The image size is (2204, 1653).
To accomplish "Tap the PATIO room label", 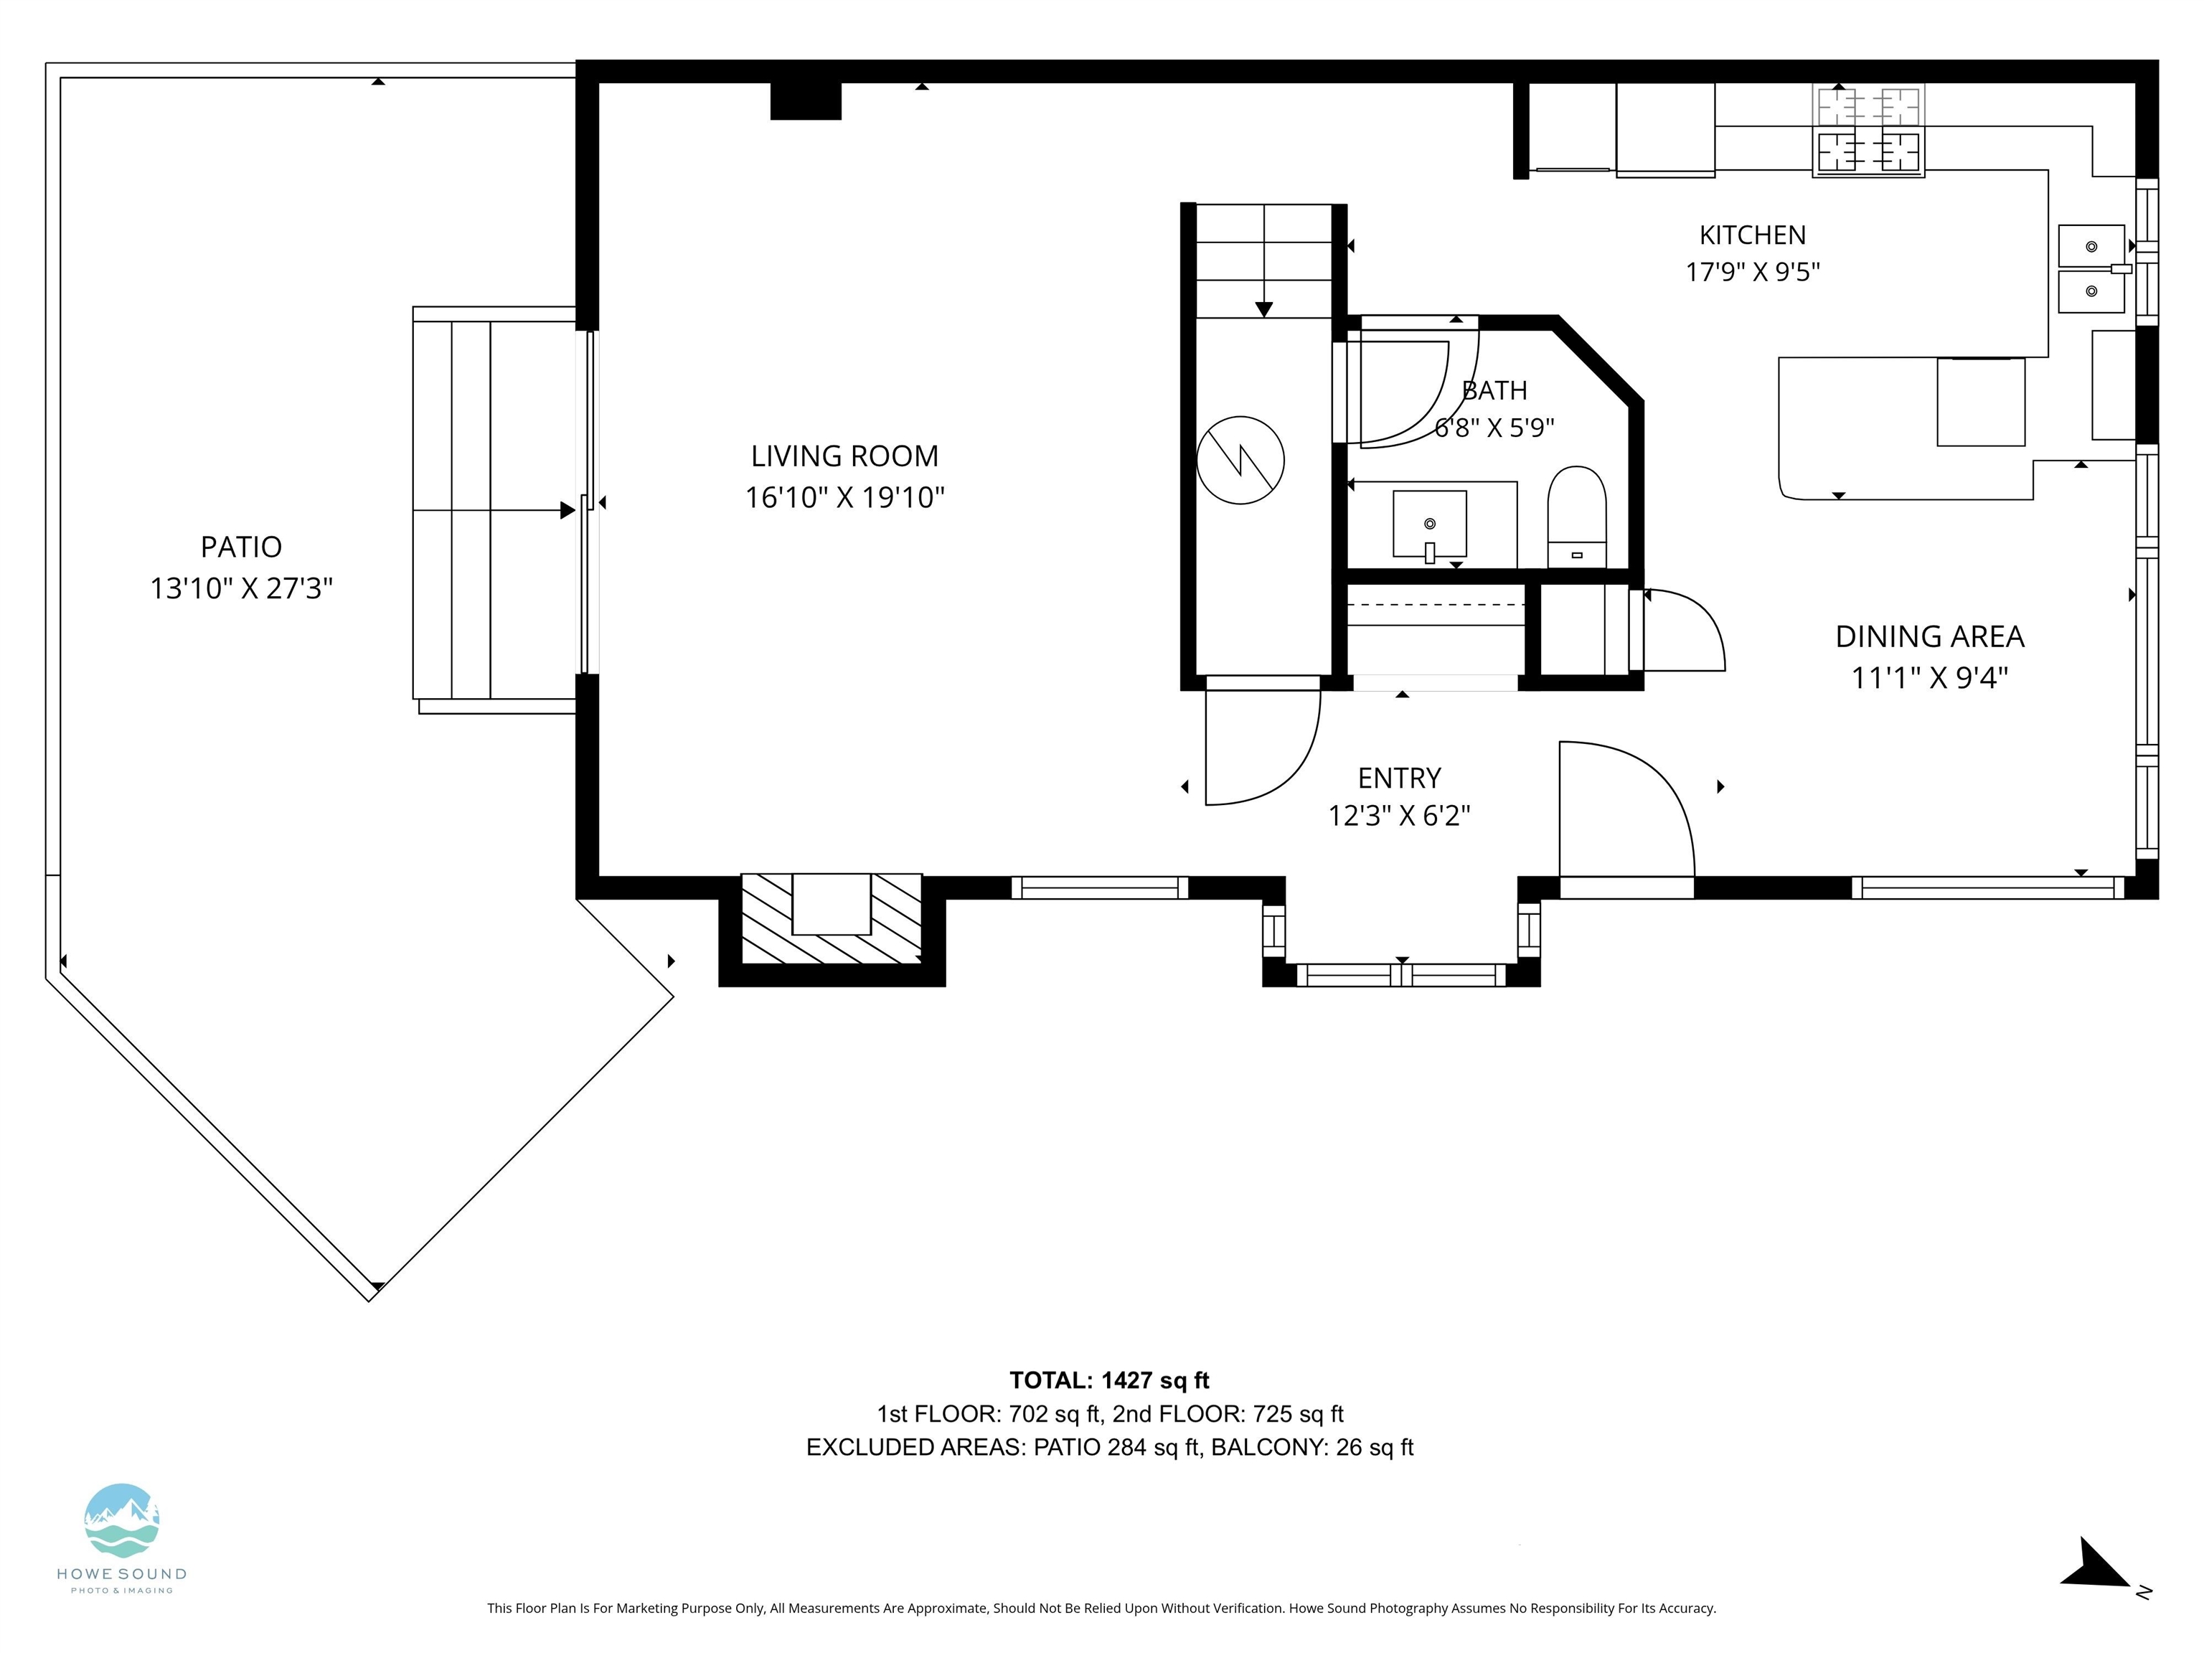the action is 241,547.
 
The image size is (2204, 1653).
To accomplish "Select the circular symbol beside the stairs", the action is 1240,459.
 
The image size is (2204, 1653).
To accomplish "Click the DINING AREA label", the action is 1929,636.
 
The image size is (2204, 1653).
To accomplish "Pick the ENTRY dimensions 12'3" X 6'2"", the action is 1399,816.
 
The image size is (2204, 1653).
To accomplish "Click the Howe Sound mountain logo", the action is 121,1520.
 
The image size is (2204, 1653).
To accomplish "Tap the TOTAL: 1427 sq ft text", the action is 1109,1380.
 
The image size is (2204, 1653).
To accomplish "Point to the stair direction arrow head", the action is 1263,309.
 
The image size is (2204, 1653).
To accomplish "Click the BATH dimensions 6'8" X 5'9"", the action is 1494,428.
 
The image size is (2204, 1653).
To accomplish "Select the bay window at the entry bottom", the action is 1401,974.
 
